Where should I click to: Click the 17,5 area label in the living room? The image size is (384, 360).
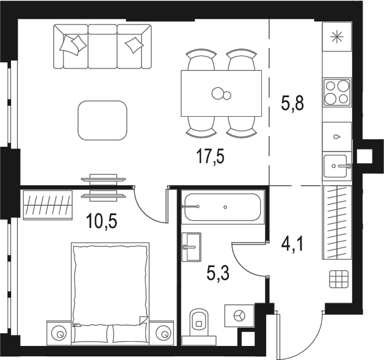210,158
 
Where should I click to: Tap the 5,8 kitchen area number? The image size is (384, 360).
292,103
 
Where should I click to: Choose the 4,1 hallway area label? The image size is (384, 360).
292,248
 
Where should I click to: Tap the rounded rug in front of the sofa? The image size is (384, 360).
103,120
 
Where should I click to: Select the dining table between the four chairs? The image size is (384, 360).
221,93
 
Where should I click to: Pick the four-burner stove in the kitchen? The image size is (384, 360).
336,92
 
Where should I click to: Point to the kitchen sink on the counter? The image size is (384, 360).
336,164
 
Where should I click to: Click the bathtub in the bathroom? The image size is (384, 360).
222,208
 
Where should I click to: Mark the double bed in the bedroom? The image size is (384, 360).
109,292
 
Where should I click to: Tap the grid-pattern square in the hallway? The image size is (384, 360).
337,279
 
